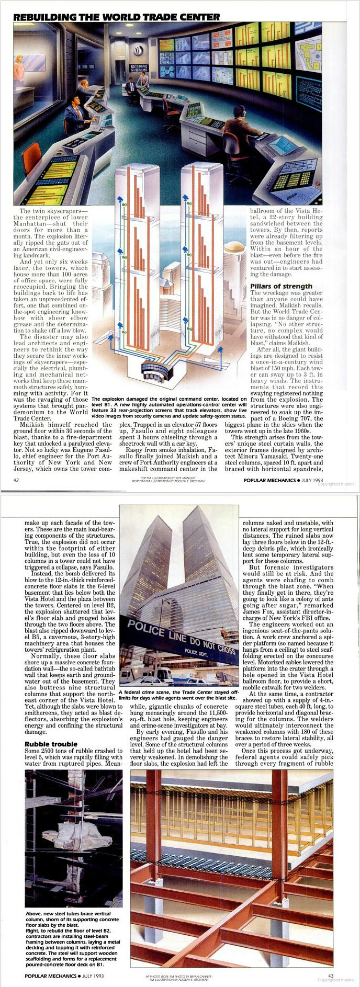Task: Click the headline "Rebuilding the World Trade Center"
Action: [116, 17]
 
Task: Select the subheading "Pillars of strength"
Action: [281, 286]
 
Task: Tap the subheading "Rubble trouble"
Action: [51, 744]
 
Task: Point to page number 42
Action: [16, 480]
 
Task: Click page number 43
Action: [330, 975]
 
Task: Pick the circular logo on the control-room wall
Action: [139, 51]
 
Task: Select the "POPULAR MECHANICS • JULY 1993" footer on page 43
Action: [64, 975]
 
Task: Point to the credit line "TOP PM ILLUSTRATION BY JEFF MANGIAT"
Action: [168, 477]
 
